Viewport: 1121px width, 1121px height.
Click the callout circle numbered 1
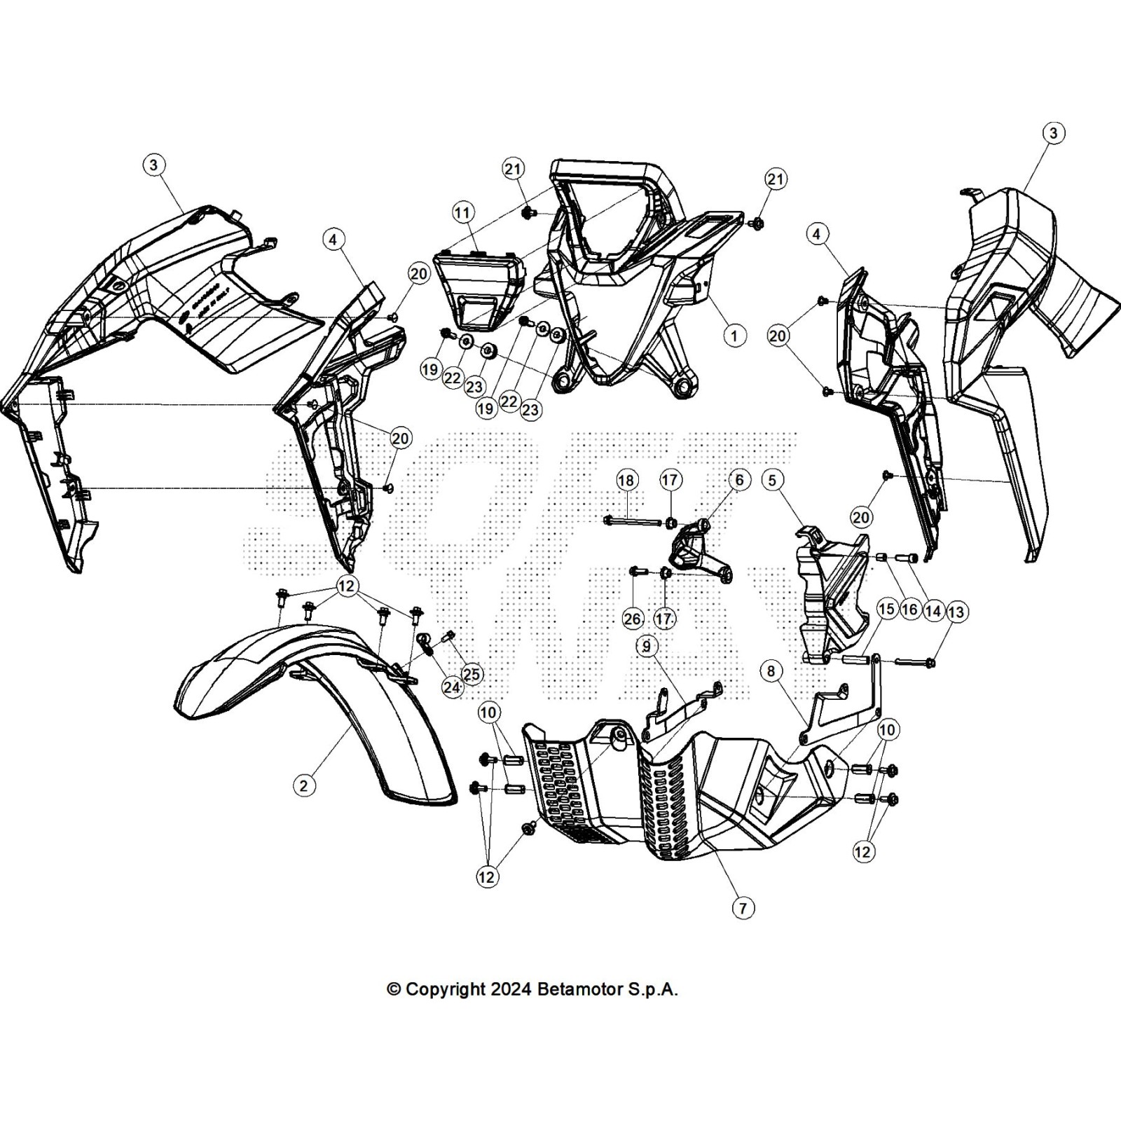[x=734, y=336]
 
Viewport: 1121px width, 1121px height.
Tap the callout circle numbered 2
[x=303, y=785]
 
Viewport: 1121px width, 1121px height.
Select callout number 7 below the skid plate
[x=743, y=908]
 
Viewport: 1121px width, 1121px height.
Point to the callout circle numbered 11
[x=462, y=212]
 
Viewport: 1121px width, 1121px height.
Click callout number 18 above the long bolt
[x=626, y=480]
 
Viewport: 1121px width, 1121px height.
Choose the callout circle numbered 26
[x=632, y=618]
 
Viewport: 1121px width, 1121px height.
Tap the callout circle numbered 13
[x=956, y=612]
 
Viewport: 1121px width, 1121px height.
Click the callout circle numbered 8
[x=771, y=671]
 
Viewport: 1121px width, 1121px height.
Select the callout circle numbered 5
[x=772, y=480]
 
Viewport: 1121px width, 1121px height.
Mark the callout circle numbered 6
[x=739, y=480]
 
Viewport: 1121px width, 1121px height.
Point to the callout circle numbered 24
[x=452, y=687]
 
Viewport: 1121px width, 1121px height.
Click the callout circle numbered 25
[x=472, y=674]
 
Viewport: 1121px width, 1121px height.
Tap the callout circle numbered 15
[x=887, y=609]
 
